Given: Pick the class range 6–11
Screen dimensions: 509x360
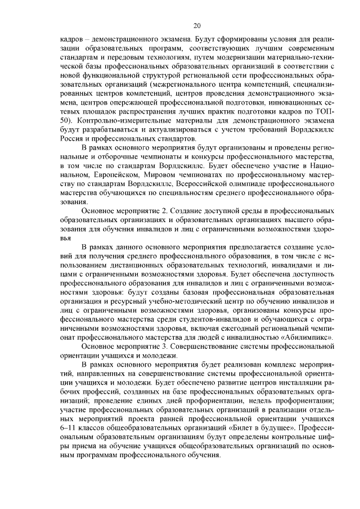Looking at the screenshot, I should tap(70, 428).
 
